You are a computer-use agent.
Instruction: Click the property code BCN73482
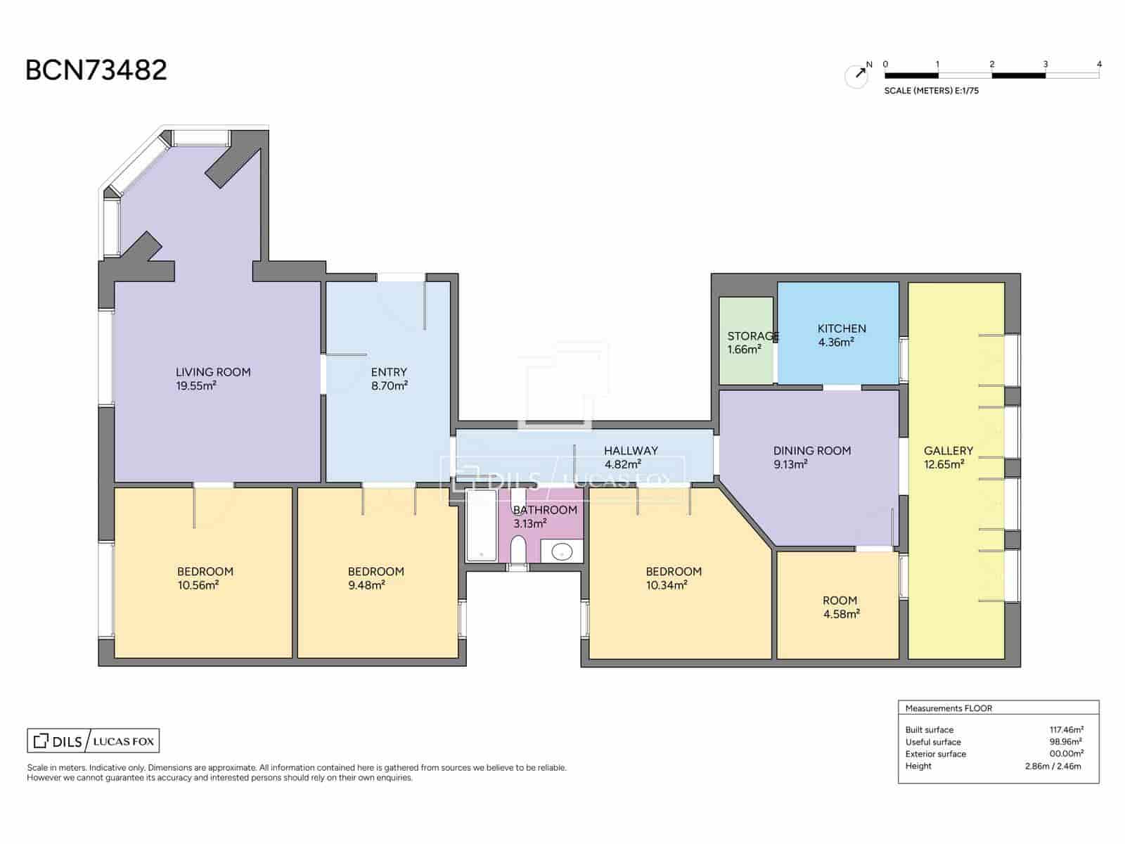click(96, 70)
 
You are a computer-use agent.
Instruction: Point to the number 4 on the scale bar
click(1099, 64)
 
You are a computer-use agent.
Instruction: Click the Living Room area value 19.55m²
click(195, 386)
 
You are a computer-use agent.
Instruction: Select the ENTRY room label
click(389, 372)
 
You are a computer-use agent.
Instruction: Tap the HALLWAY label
click(631, 450)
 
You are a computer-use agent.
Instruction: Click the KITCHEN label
click(842, 328)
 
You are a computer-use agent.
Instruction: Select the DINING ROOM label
click(812, 450)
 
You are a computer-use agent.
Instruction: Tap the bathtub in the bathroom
click(481, 525)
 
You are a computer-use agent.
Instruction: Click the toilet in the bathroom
click(518, 549)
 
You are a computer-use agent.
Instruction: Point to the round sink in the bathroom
click(562, 552)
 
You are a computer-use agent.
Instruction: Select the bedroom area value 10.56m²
click(198, 585)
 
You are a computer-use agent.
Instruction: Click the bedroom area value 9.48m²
click(366, 585)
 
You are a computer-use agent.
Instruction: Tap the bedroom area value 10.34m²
click(667, 585)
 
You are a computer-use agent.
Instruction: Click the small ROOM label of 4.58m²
click(840, 600)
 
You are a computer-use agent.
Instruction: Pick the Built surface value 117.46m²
click(1066, 729)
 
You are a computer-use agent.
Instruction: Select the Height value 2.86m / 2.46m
click(1053, 766)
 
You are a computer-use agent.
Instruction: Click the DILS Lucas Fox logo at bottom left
click(94, 741)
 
